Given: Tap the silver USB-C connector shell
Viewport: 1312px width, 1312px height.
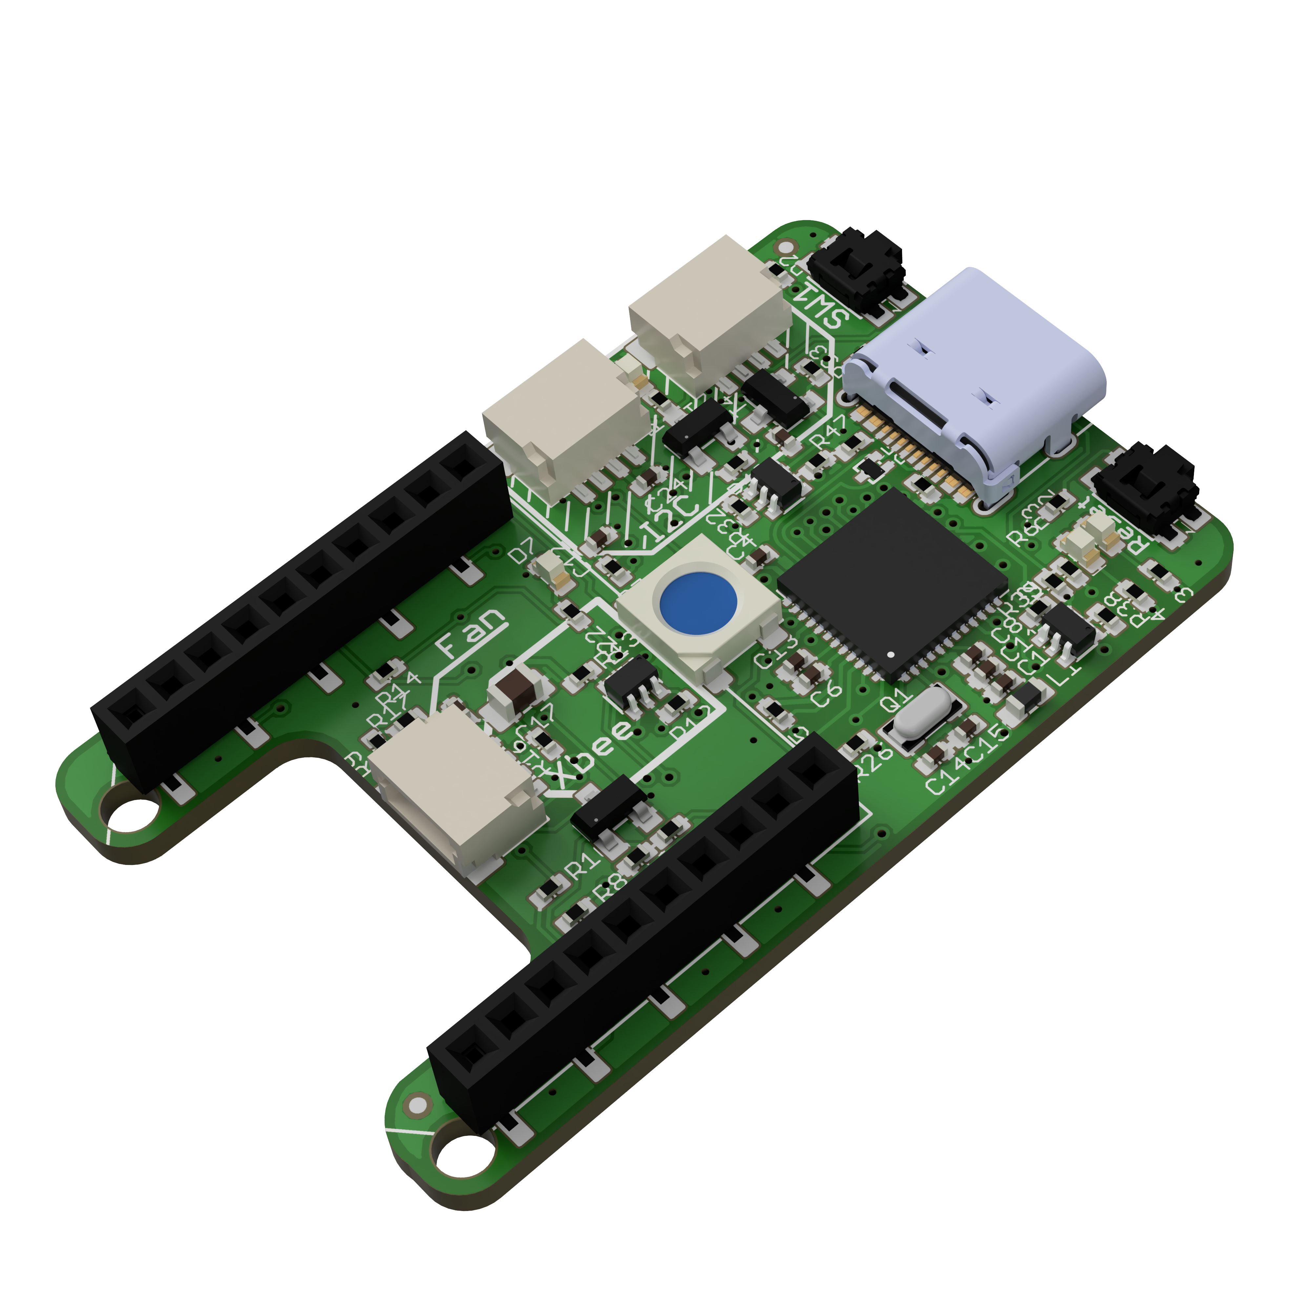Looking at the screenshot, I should [x=978, y=360].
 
